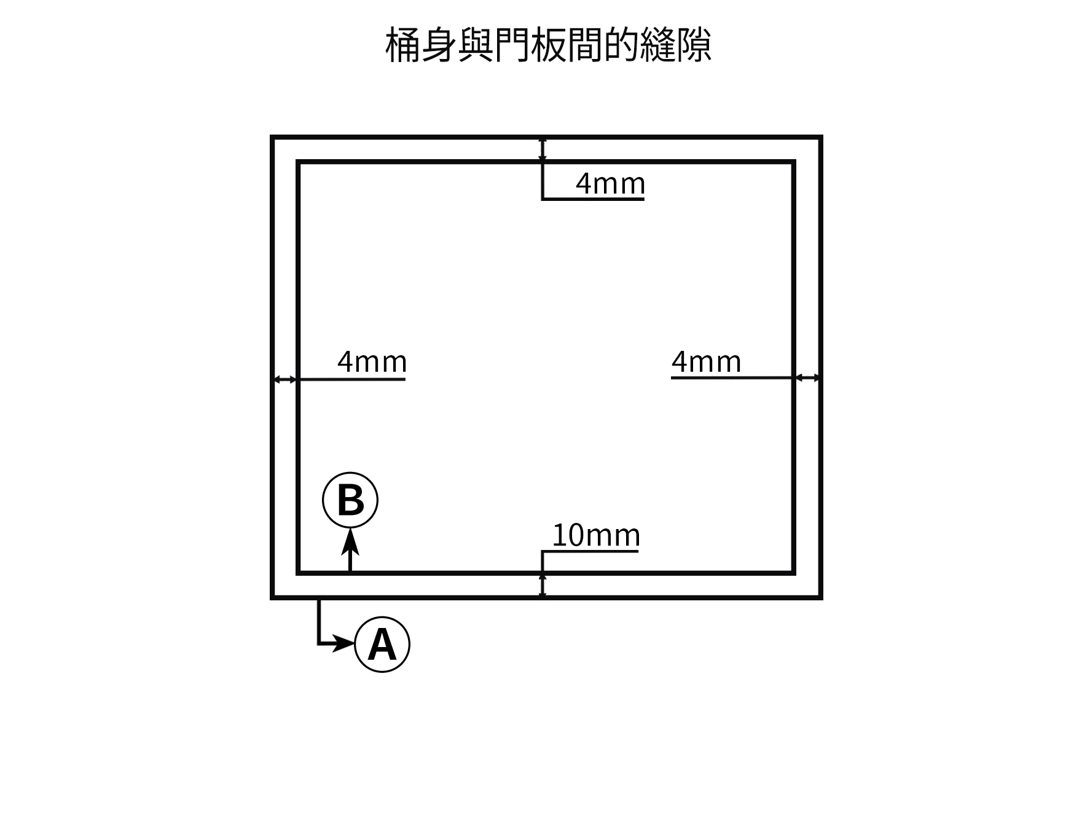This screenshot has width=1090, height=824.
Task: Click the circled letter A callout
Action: click(382, 645)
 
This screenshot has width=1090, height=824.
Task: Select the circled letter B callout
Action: click(350, 500)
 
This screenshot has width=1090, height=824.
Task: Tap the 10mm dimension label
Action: click(596, 535)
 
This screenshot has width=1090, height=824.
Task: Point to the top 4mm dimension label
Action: click(610, 184)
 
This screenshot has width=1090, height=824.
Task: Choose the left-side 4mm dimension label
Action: click(372, 362)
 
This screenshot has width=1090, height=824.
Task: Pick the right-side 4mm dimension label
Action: click(706, 362)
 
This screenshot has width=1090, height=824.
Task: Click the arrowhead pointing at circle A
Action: click(344, 645)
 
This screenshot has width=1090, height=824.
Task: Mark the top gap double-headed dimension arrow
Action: click(543, 150)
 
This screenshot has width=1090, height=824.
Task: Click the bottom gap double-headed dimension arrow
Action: click(543, 585)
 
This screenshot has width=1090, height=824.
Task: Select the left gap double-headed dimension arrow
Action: click(285, 380)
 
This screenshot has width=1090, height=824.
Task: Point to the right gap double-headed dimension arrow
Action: click(807, 378)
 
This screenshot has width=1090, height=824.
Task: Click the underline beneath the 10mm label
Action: click(590, 551)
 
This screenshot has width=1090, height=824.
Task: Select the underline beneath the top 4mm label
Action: click(594, 199)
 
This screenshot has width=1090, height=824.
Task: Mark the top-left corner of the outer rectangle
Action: click(272, 137)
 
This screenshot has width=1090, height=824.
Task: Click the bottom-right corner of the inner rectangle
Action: click(794, 573)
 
